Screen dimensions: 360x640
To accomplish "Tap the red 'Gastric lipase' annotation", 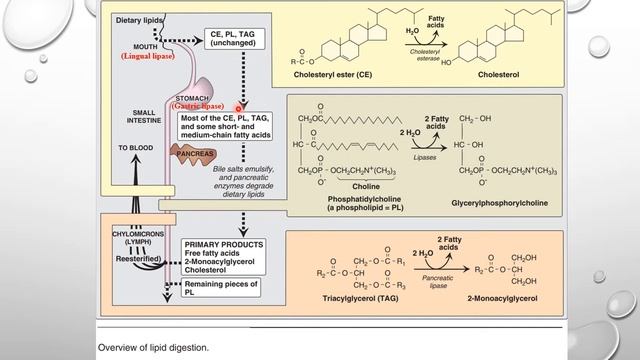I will point(199,104).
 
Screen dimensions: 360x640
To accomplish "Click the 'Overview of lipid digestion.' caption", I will point(154,347).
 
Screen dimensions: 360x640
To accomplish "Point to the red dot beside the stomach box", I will point(240,107).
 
